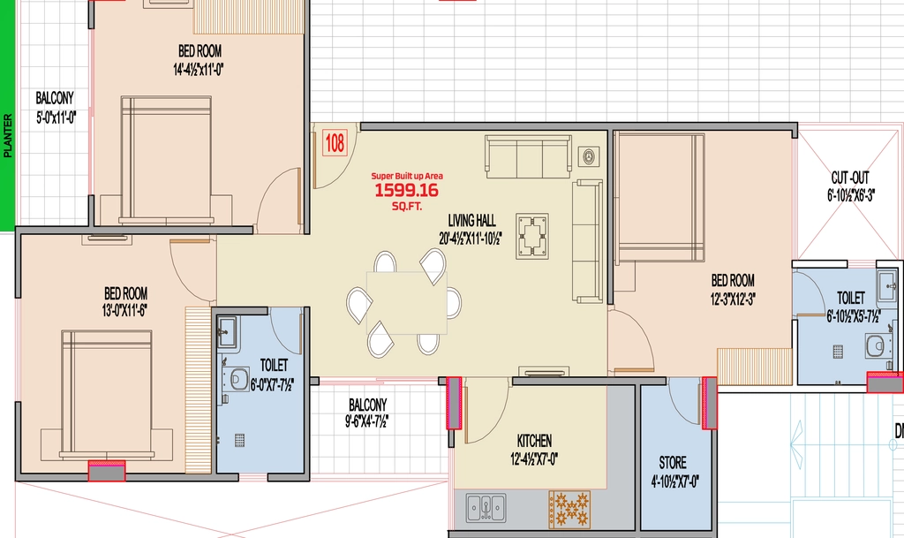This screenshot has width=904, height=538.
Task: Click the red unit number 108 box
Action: click(335, 142)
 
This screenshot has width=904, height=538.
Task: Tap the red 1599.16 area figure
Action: click(406, 190)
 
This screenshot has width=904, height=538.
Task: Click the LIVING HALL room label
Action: click(471, 220)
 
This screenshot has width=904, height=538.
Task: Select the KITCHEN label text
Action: click(534, 441)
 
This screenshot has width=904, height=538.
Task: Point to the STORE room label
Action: click(673, 462)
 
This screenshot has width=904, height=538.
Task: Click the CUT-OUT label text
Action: click(850, 178)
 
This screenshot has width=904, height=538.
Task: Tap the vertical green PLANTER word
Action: click(7, 135)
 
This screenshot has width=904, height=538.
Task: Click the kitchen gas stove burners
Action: click(569, 509)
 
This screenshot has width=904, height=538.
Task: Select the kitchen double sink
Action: click(486, 507)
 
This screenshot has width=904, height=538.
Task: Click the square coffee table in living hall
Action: click(532, 236)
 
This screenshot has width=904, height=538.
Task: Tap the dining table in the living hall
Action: click(406, 303)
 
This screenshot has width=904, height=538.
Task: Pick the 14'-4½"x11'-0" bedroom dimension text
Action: click(199, 70)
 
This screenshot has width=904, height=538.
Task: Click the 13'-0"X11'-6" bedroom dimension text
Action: click(124, 311)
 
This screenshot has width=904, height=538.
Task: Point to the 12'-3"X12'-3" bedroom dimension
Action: click(733, 299)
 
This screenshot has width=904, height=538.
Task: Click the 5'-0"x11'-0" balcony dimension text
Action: click(56, 118)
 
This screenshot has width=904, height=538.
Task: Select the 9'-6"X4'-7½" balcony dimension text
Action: click(367, 421)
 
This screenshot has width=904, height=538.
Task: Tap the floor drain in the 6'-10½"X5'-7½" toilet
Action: click(838, 352)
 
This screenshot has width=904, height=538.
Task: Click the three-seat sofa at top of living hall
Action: click(529, 155)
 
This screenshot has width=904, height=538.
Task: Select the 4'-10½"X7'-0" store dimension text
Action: click(674, 481)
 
